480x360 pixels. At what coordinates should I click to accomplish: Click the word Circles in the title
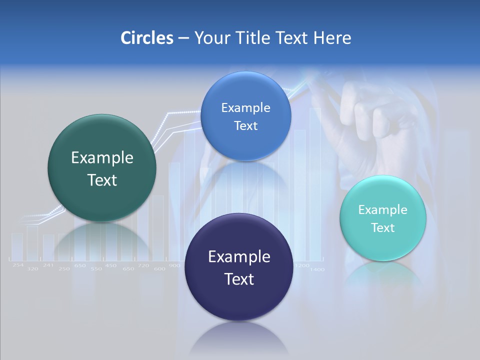click(x=146, y=38)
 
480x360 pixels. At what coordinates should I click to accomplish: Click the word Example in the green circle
click(x=102, y=158)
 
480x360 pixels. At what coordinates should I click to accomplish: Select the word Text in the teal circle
click(x=383, y=228)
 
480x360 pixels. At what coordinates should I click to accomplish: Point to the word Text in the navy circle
click(x=238, y=279)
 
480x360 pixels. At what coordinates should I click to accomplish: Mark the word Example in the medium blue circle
click(x=245, y=108)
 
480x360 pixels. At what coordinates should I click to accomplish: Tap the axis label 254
click(x=18, y=265)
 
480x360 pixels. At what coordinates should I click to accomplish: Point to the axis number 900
click(x=174, y=265)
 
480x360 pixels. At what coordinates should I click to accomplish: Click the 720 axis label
click(x=143, y=265)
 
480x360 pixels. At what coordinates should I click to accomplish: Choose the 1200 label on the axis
click(x=302, y=265)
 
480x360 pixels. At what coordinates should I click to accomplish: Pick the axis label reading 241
click(x=48, y=265)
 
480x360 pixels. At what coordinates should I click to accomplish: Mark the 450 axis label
click(x=111, y=265)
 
